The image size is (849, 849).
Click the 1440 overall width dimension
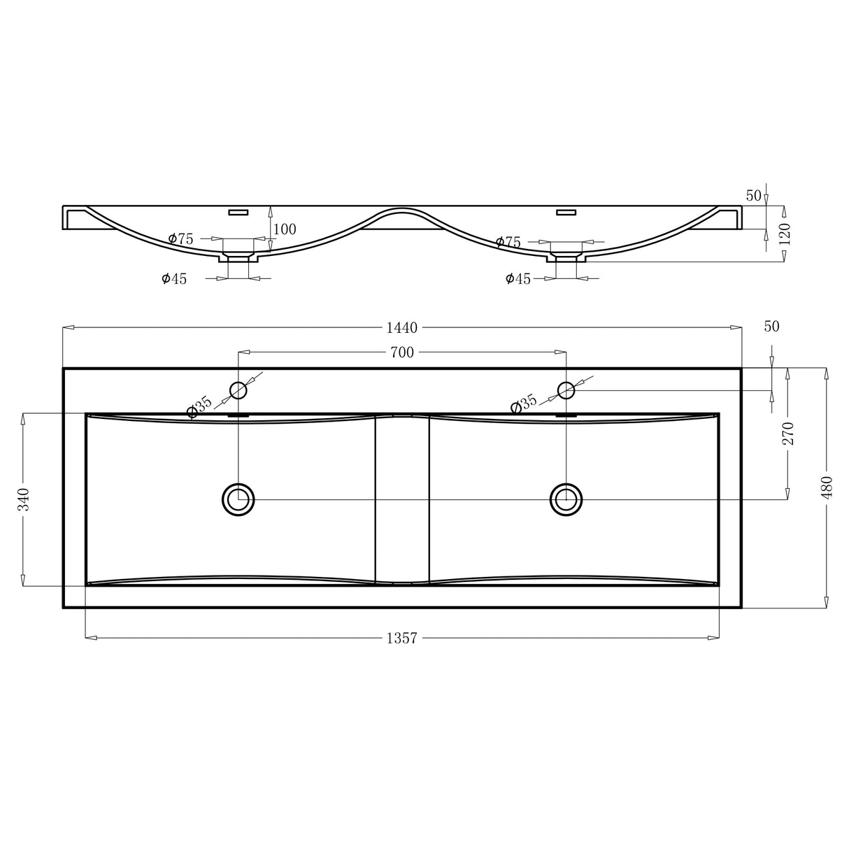point(401,327)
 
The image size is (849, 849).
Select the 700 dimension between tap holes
point(401,352)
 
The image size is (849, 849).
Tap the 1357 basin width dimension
point(401,638)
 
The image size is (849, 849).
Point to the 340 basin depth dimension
point(24,499)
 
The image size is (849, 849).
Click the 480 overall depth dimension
point(827,487)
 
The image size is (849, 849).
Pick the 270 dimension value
point(788,434)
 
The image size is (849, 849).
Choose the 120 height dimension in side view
point(784,234)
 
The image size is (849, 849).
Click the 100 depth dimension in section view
point(285,229)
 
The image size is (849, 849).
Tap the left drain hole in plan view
point(238,499)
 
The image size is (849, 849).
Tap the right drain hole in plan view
point(566,499)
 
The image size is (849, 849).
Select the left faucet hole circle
point(238,390)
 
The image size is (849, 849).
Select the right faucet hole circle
point(566,390)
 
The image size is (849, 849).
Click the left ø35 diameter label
point(199,407)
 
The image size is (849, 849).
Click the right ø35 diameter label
point(524,404)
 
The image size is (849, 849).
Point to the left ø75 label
point(181,239)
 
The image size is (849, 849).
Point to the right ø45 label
point(518,279)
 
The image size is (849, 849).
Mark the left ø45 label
point(174,279)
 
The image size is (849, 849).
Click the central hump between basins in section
point(402,213)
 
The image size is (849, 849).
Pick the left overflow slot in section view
point(239,211)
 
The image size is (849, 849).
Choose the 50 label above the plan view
point(771,327)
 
